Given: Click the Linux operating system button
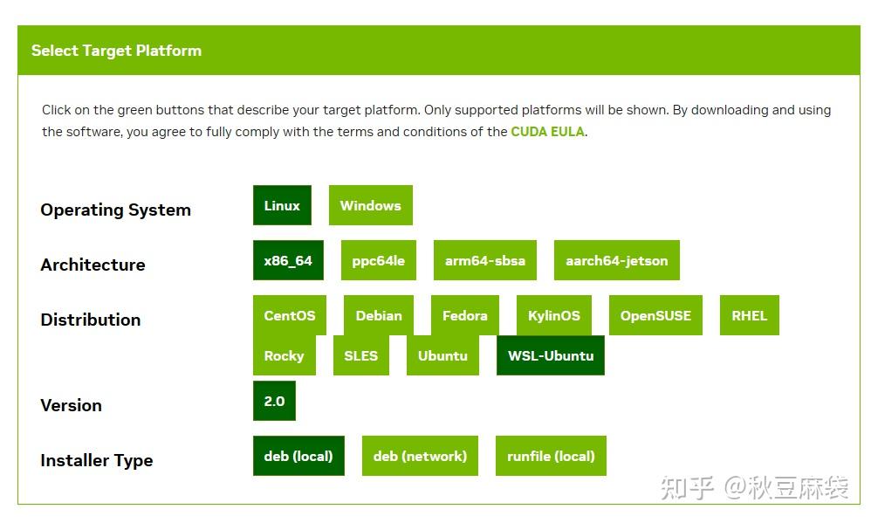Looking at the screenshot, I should pyautogui.click(x=282, y=205).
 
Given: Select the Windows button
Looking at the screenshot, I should pyautogui.click(x=370, y=205).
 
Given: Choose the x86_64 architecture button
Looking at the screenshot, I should pyautogui.click(x=288, y=260).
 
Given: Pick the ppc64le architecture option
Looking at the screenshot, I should pyautogui.click(x=378, y=260).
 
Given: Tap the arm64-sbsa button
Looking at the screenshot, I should pyautogui.click(x=484, y=260).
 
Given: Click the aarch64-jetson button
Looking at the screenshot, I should pyautogui.click(x=616, y=260).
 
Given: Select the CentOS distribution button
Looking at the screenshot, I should pyautogui.click(x=289, y=315).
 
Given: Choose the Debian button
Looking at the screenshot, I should pyautogui.click(x=379, y=315).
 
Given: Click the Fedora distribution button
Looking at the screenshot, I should pyautogui.click(x=464, y=315).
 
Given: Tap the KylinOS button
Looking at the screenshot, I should pyautogui.click(x=553, y=315).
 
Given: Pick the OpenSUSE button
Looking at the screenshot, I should pyautogui.click(x=655, y=315).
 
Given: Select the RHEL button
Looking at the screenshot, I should pyautogui.click(x=749, y=315).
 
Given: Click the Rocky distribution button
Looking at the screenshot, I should pyautogui.click(x=284, y=355).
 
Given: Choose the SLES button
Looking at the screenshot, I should pyautogui.click(x=360, y=355).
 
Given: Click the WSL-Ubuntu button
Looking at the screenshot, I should pyautogui.click(x=550, y=355).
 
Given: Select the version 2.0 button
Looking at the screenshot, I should pyautogui.click(x=274, y=401).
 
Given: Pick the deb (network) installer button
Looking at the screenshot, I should pyautogui.click(x=420, y=456).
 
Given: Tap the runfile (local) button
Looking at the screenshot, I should pyautogui.click(x=551, y=456).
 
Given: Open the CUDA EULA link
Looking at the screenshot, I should pyautogui.click(x=547, y=132).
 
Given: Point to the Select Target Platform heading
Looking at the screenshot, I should pyautogui.click(x=116, y=51).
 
